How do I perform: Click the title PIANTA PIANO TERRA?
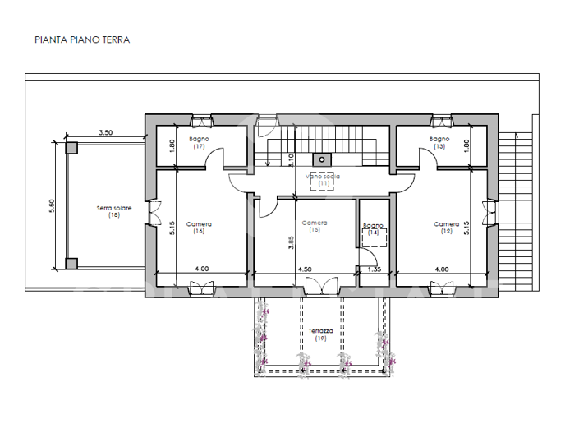[82, 39]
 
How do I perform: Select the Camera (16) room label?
[199, 228]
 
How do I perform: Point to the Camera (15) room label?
[314, 226]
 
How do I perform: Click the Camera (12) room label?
[447, 228]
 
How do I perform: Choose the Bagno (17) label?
[199, 143]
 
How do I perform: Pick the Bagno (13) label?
[439, 143]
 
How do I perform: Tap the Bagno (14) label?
[373, 229]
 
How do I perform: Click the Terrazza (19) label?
[319, 334]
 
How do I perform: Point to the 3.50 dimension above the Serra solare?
[105, 132]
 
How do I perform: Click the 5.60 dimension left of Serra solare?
[52, 206]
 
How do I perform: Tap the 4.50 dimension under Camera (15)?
[304, 269]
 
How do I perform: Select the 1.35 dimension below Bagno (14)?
[375, 269]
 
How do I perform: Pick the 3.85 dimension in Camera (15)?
[291, 242]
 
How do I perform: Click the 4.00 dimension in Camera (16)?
[201, 269]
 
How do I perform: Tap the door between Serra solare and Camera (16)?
[151, 213]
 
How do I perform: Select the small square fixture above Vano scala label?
[323, 159]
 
